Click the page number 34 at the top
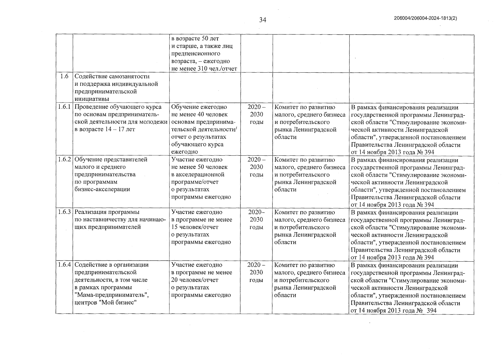263,20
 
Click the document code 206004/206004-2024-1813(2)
425,18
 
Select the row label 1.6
64,76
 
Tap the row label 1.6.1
64,107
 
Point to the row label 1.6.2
64,159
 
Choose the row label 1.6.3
64,212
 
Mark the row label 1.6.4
64,265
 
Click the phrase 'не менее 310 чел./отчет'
204,69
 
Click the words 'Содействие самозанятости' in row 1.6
112,76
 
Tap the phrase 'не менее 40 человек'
199,114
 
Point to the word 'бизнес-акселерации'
102,189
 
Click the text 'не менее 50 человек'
199,167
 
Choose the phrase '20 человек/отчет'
195,280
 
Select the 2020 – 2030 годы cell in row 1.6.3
256,220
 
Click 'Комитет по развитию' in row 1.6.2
304,160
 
